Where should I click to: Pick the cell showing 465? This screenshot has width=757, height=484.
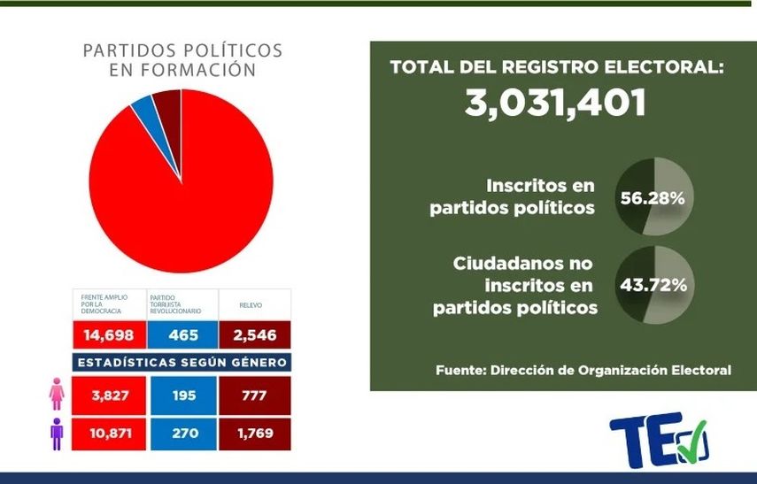pos(182,335)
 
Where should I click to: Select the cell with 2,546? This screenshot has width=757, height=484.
pos(254,335)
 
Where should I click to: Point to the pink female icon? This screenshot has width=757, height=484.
pos(55,394)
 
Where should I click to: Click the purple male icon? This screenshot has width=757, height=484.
pos(55,434)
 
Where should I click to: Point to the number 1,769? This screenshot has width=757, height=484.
pos(254,434)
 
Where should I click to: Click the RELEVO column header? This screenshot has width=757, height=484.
pos(254,303)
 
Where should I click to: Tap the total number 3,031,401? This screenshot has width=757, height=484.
pos(555,103)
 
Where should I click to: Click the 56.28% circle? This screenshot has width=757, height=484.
pos(654,198)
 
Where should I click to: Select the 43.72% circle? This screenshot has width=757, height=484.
pos(654,285)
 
